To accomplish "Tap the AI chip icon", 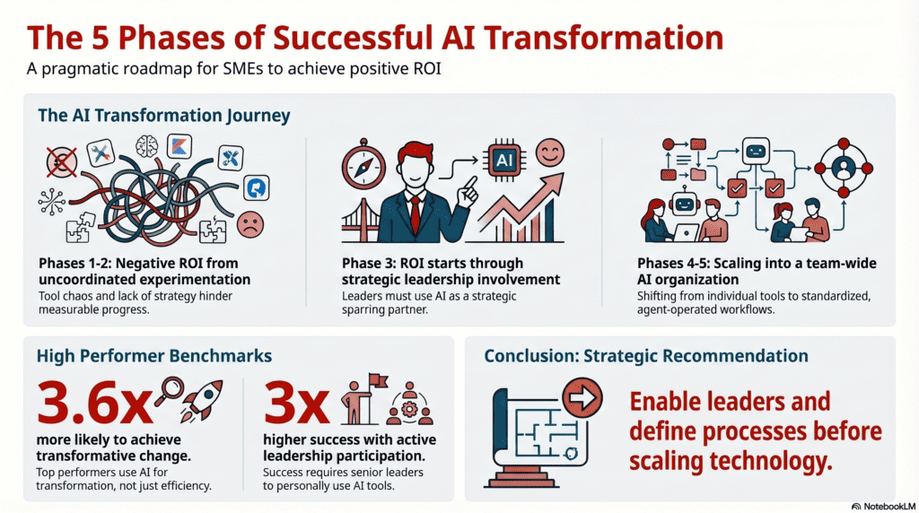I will (x=502, y=160).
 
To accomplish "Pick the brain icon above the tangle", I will (x=149, y=147).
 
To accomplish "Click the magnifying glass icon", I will (x=167, y=391).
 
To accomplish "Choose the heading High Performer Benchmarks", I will (x=153, y=356).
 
